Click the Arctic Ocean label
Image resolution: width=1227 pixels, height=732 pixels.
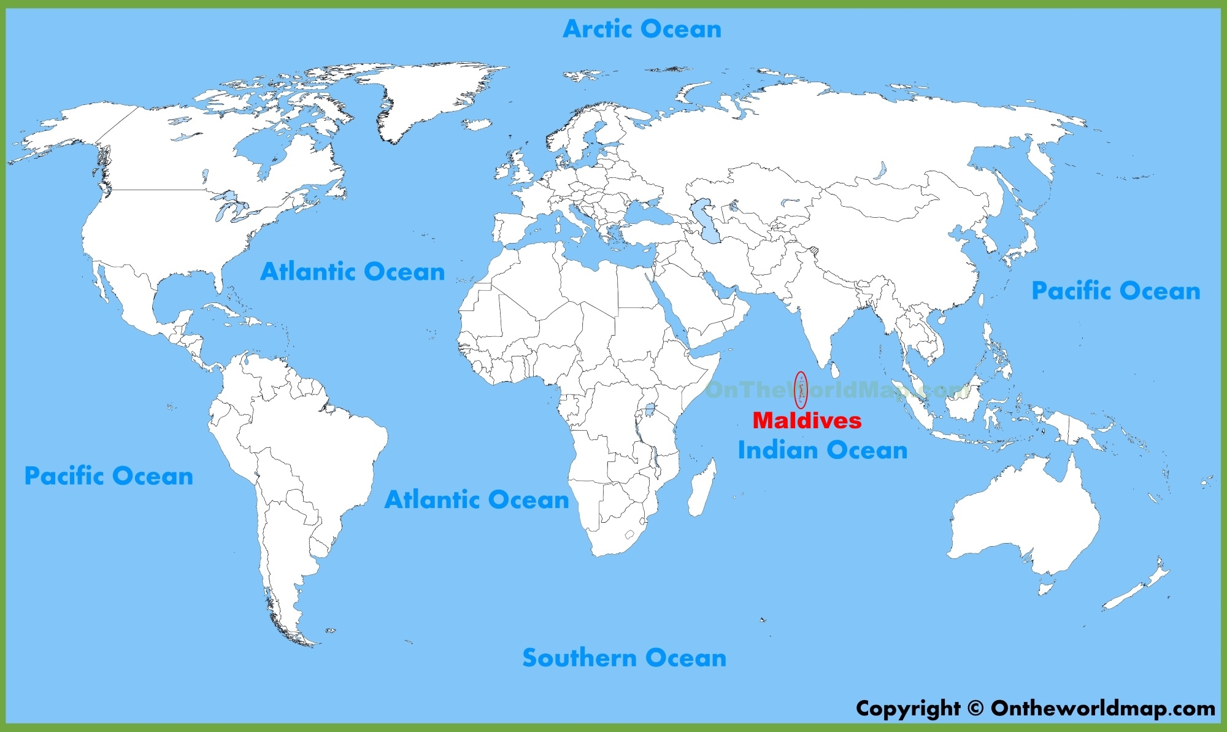[642, 29]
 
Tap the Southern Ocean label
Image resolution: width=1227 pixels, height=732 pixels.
[624, 658]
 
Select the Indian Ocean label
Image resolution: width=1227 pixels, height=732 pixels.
[822, 450]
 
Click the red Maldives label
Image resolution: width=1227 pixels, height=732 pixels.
[807, 420]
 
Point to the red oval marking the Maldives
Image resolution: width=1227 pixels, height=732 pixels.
[801, 390]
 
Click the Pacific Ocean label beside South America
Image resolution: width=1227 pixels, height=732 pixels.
[109, 476]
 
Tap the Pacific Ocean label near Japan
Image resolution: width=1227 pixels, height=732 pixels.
[1115, 291]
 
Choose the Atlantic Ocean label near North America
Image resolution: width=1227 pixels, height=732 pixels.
[352, 271]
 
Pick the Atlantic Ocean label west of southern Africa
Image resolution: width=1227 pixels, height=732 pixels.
[477, 499]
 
